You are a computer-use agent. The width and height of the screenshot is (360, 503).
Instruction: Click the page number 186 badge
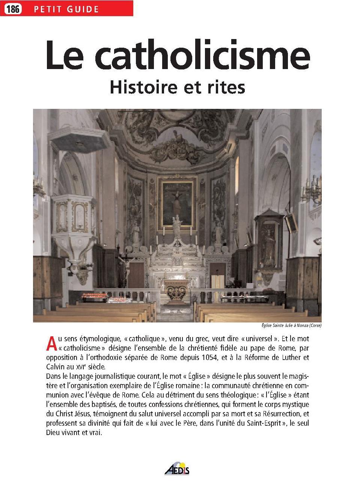pos(12,9)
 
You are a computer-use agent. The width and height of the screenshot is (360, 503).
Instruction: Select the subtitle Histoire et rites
pos(177,87)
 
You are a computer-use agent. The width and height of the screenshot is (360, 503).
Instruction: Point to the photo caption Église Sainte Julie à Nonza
pos(292,325)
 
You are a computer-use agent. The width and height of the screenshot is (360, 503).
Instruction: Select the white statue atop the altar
pos(176,227)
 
